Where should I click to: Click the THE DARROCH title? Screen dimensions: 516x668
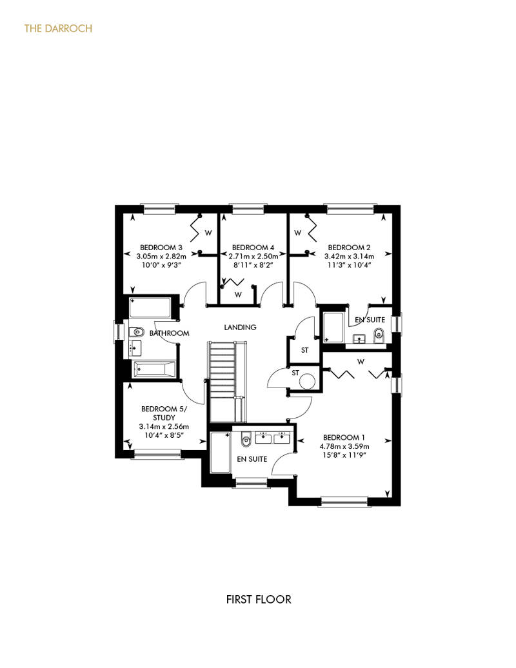58,28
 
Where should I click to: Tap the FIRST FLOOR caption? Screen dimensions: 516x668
259,600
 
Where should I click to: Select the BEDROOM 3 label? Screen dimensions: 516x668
161,248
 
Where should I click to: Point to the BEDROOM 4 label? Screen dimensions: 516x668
253,248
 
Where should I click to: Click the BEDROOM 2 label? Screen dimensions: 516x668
349,248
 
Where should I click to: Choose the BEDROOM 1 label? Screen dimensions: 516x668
344,438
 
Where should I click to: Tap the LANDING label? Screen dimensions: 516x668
241,327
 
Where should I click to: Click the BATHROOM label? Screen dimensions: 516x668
169,333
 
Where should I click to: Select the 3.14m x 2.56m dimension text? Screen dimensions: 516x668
164,426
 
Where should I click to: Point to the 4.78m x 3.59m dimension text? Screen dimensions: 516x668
344,446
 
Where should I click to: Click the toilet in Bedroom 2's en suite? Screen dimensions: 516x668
379,336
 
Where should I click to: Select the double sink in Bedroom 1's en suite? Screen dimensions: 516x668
273,438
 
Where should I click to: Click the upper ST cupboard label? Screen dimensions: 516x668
304,351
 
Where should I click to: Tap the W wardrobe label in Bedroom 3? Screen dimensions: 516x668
208,233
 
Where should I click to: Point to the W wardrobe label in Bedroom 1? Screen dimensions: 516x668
361,362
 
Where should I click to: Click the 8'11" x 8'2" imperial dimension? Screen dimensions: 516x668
253,265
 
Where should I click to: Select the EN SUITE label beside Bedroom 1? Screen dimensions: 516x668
252,459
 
